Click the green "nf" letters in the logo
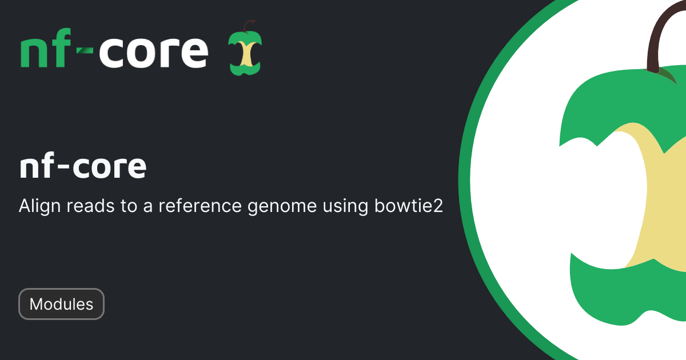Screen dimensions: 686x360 point(46,48)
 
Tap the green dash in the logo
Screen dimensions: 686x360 point(85,50)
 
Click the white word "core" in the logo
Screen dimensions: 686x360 point(154,51)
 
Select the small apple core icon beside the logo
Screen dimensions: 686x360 point(245,48)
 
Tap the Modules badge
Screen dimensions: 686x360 point(61,304)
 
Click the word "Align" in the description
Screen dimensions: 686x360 point(40,206)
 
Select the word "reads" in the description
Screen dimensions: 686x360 point(91,206)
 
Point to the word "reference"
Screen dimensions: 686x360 point(200,206)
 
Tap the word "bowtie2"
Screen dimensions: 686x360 point(409,205)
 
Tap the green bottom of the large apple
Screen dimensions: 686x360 point(625,294)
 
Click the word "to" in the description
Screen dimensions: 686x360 point(129,206)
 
